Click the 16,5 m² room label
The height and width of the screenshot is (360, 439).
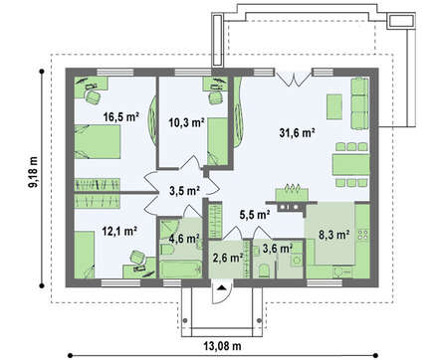point(120,116)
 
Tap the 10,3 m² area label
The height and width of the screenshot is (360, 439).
point(186,122)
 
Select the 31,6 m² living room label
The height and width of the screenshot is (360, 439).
point(297,132)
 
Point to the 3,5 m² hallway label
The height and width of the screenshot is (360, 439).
point(184,191)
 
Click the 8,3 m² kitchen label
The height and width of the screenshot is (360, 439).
point(334,235)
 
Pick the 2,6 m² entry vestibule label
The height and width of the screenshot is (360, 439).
point(228,258)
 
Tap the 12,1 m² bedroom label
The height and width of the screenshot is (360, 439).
point(119,231)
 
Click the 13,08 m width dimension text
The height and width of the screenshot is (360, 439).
point(222,346)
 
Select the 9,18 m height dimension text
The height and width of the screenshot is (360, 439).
point(33,172)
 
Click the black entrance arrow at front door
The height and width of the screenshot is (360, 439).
point(222,287)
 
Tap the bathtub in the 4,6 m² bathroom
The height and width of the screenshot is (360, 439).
point(181,269)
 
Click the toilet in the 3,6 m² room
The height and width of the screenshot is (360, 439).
point(264,270)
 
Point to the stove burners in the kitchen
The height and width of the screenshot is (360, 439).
point(363,235)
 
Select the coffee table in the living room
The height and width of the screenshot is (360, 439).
point(334,106)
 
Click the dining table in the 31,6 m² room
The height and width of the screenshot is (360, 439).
point(351,165)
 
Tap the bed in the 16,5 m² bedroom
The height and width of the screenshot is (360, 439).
point(97,141)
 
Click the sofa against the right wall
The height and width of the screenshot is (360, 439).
point(359,103)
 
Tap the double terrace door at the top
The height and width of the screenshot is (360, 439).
point(294,78)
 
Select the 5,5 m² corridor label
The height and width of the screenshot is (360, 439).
point(255,215)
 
